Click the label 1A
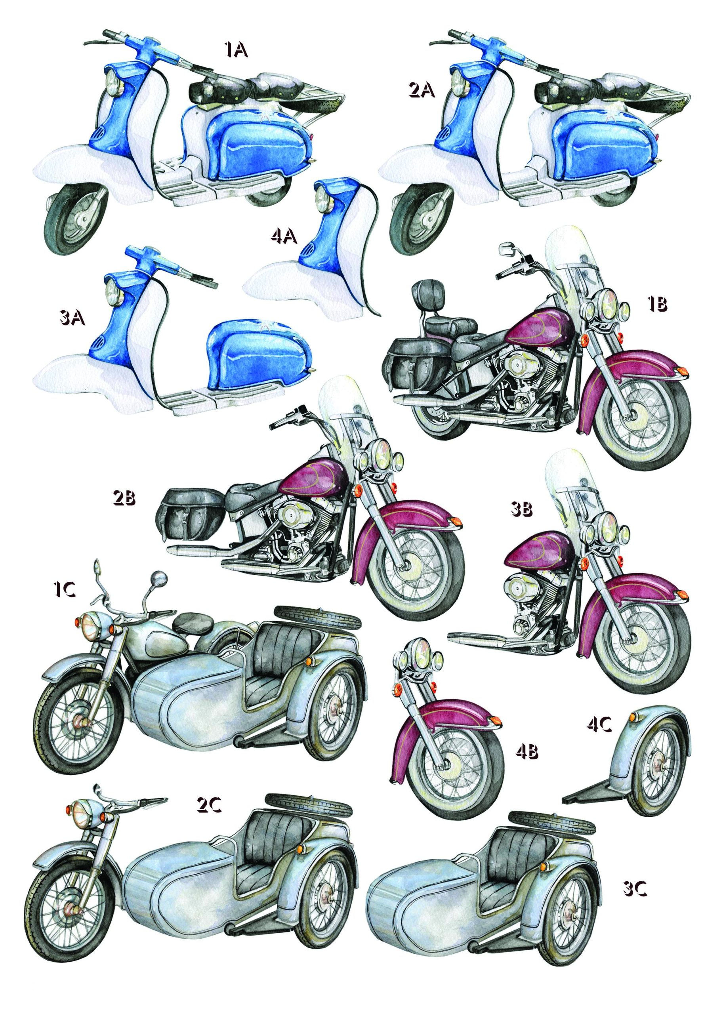tap(235, 50)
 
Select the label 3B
tap(521, 510)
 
